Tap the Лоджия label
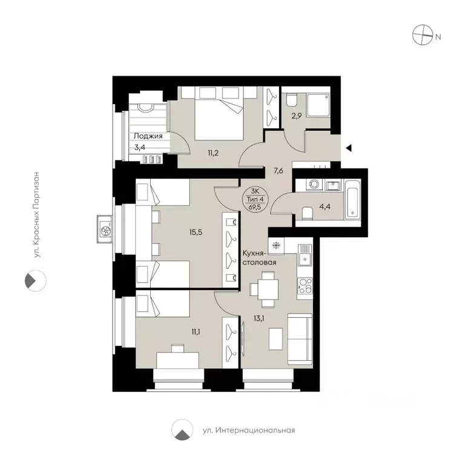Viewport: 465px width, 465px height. click(x=149, y=136)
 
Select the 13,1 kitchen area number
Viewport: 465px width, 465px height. click(x=259, y=314)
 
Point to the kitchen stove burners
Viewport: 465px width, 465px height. click(x=304, y=285)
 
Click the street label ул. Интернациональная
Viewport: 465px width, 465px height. click(x=248, y=430)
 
